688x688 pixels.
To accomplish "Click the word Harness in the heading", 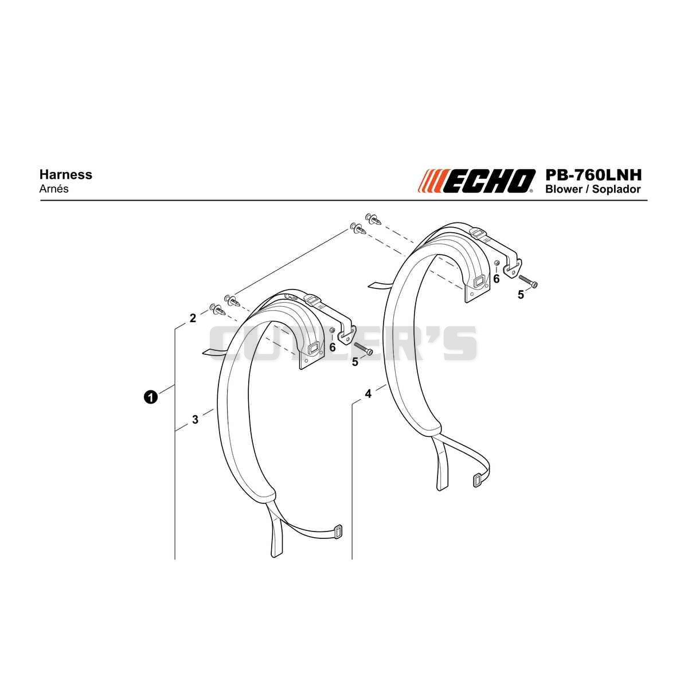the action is pyautogui.click(x=66, y=175).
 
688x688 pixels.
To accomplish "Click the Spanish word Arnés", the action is pyautogui.click(x=53, y=189).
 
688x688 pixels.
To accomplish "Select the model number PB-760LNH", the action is pyautogui.click(x=593, y=175).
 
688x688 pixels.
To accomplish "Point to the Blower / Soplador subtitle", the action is pyautogui.click(x=593, y=189).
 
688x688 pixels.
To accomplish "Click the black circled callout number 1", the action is pyautogui.click(x=151, y=397).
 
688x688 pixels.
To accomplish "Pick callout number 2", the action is pyautogui.click(x=193, y=318).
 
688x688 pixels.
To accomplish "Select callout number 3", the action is pyautogui.click(x=195, y=420).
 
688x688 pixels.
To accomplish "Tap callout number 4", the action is pyautogui.click(x=368, y=394).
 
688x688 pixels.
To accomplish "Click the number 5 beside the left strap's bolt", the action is pyautogui.click(x=355, y=362).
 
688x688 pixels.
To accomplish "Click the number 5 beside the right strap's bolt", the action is pyautogui.click(x=521, y=295).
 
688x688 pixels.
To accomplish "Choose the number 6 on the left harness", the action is pyautogui.click(x=333, y=347).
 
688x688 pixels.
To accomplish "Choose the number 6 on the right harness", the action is pyautogui.click(x=497, y=279).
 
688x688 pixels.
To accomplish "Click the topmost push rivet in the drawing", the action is pyautogui.click(x=373, y=218).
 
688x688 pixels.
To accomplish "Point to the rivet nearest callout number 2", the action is pyautogui.click(x=217, y=310).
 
